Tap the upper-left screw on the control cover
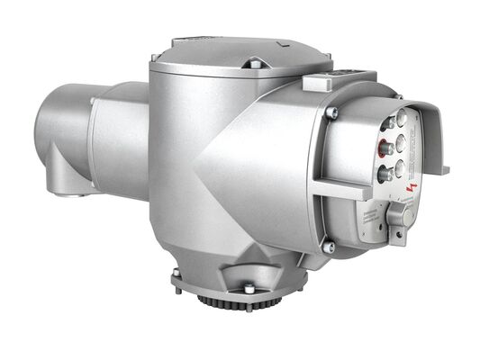331,112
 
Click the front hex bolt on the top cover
255,64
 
